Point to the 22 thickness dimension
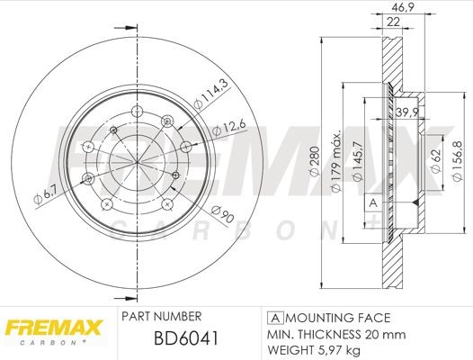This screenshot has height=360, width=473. click(392, 22)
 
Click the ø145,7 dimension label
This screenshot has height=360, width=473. click(357, 161)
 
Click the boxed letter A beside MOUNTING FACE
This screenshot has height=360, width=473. click(272, 318)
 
